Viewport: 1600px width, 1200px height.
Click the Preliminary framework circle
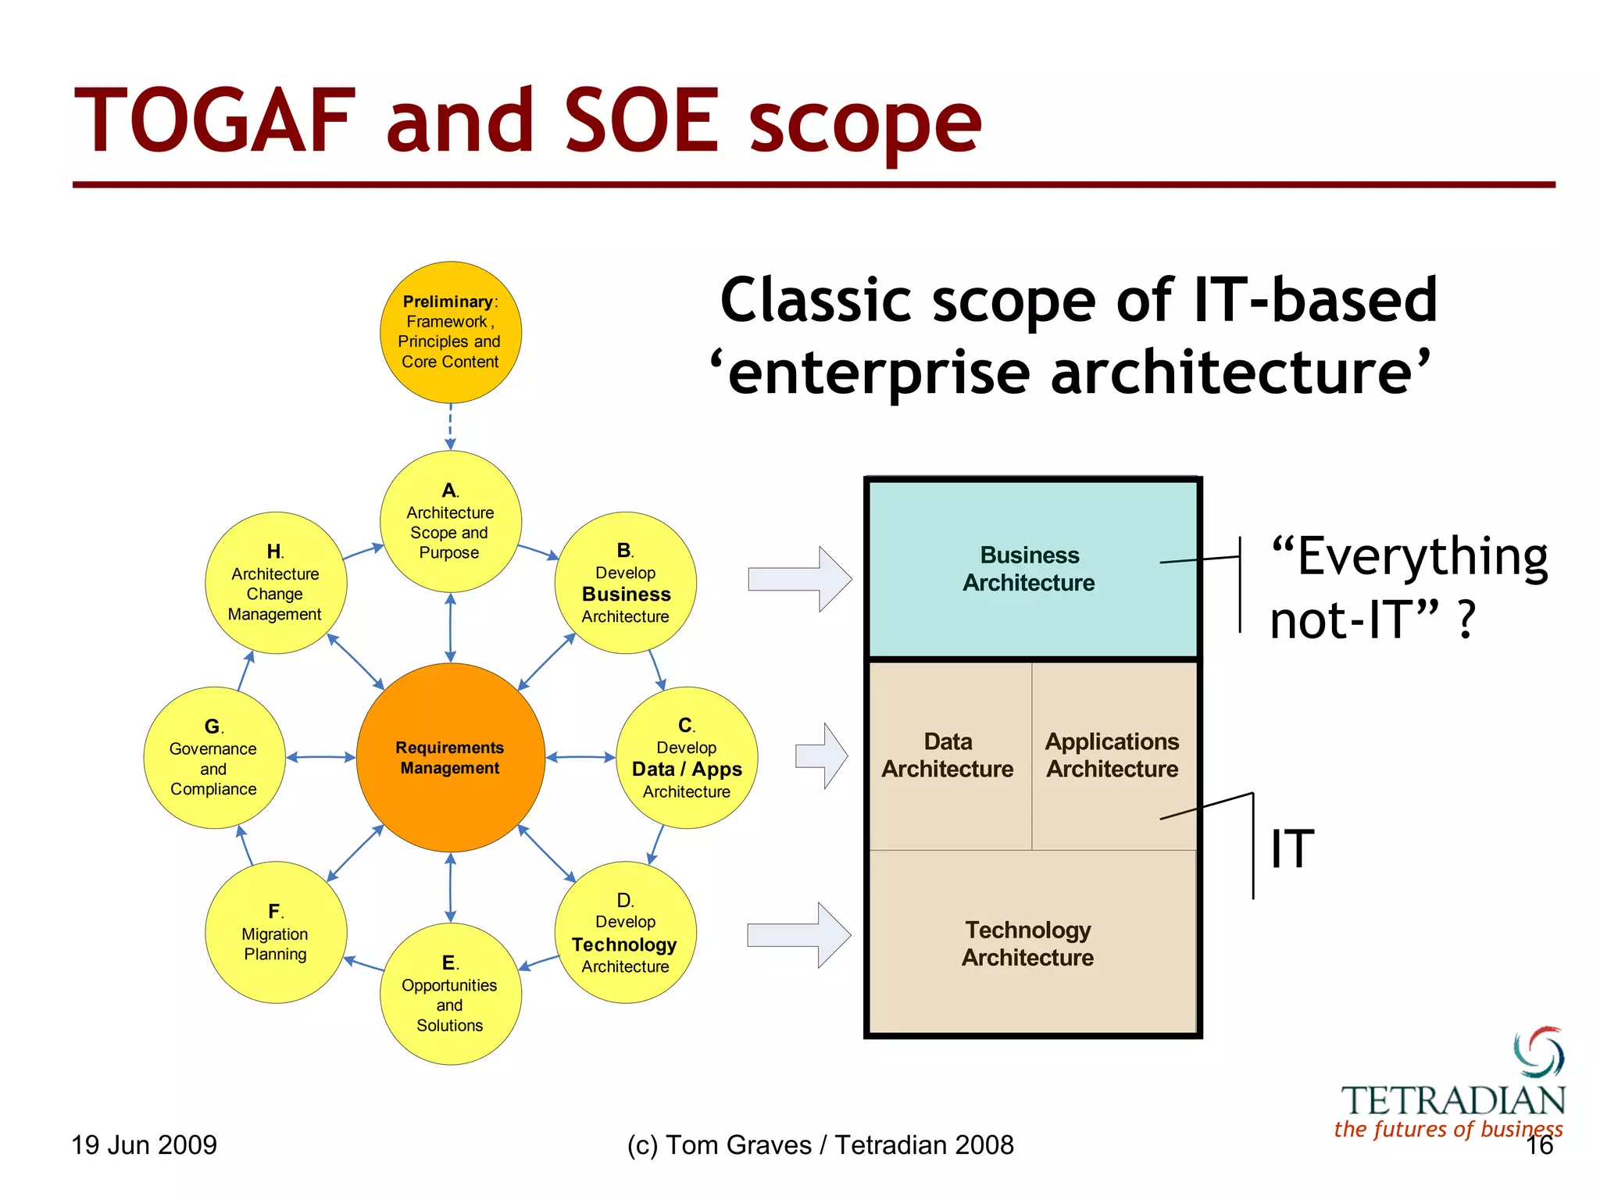point(450,332)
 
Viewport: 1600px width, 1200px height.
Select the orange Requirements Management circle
point(450,757)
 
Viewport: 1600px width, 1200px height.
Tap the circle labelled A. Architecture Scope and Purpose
point(450,521)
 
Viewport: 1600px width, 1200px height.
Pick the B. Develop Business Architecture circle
point(625,583)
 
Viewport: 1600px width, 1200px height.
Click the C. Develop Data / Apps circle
point(687,757)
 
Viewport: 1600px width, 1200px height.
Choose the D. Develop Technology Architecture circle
point(625,932)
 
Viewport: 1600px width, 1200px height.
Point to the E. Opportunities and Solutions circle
point(450,994)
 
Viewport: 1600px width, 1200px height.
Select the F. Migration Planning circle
point(275,932)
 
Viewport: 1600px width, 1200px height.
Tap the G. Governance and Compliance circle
point(213,757)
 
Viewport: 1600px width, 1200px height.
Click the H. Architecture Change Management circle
point(275,583)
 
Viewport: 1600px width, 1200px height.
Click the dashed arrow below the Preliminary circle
point(450,427)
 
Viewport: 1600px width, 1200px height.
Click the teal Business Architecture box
point(1031,570)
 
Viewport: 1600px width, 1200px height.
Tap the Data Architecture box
point(948,755)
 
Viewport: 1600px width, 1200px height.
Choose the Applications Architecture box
point(1112,755)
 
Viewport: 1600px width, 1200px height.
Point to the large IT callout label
point(1292,848)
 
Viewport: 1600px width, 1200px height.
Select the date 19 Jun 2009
point(144,1145)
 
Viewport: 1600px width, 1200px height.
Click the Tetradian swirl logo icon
point(1537,1052)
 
